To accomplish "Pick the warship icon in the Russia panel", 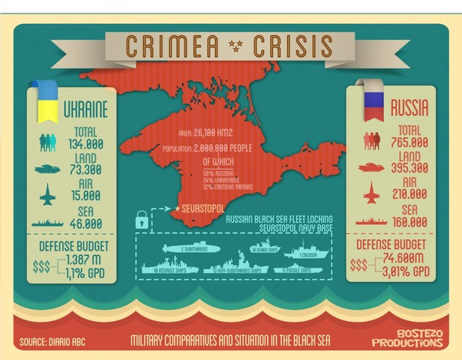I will tap(373, 221).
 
